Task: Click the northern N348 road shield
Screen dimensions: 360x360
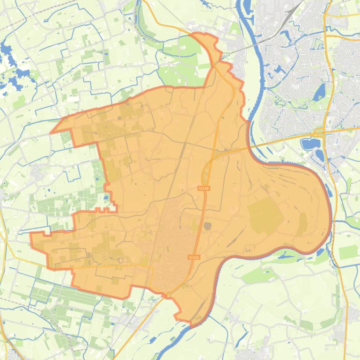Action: tap(202, 188)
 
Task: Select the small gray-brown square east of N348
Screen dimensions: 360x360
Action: tap(208, 226)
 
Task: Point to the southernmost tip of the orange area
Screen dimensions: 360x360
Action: tap(191, 322)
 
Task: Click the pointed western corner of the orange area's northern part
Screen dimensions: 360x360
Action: tap(51, 132)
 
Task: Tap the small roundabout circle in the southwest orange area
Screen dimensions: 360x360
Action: tap(121, 260)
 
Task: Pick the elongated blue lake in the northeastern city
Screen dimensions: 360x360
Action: tap(321, 92)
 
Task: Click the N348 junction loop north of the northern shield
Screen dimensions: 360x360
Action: tap(206, 175)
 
